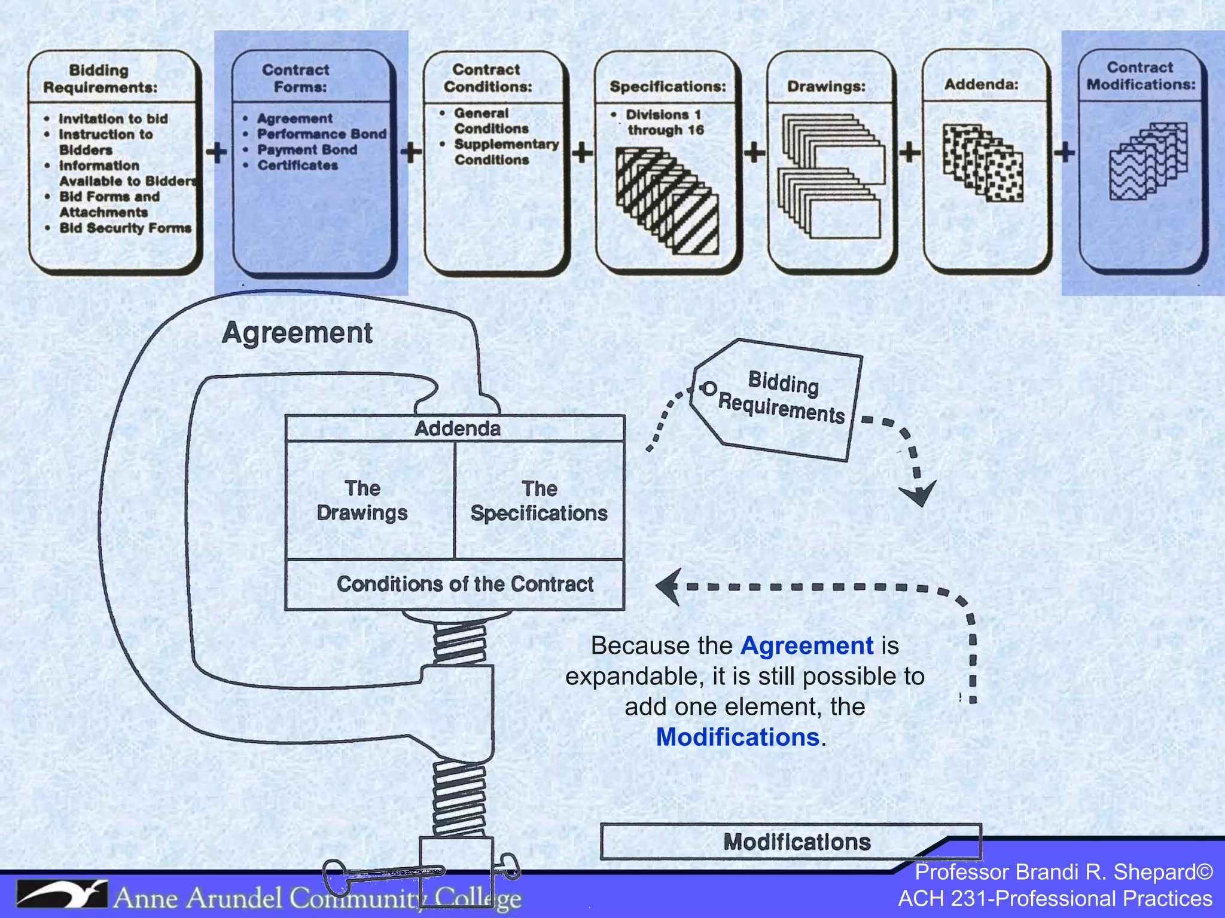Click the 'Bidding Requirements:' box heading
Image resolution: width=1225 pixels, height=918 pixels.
coord(100,79)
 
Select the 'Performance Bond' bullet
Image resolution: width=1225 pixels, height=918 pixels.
coord(321,134)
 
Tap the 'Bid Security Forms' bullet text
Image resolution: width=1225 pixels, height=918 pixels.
coord(125,228)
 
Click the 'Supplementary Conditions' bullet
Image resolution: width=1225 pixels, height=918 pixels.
coord(505,152)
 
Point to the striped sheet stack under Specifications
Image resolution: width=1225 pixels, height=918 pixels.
coord(667,201)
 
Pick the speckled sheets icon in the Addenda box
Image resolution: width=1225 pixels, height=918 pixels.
coord(982,163)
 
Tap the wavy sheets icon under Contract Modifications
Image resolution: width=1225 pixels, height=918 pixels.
coord(1148,161)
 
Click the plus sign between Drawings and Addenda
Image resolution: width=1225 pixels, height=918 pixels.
coord(910,152)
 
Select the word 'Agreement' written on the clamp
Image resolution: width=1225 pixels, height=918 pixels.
coord(297,333)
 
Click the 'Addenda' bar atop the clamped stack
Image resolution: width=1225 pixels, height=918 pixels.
coord(457,429)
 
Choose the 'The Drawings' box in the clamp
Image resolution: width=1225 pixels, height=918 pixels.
coord(362,500)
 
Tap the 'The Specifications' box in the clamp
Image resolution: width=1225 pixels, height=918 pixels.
coord(539,501)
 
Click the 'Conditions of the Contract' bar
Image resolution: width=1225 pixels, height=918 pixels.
coord(465,584)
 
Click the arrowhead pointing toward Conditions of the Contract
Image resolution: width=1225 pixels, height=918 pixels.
coord(669,587)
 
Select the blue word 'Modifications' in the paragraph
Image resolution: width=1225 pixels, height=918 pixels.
coord(737,737)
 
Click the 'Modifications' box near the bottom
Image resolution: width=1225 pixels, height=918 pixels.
coord(796,841)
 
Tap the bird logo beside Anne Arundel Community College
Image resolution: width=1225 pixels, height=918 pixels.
coord(62,895)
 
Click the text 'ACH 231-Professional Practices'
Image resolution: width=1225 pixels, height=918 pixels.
coord(1055,898)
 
